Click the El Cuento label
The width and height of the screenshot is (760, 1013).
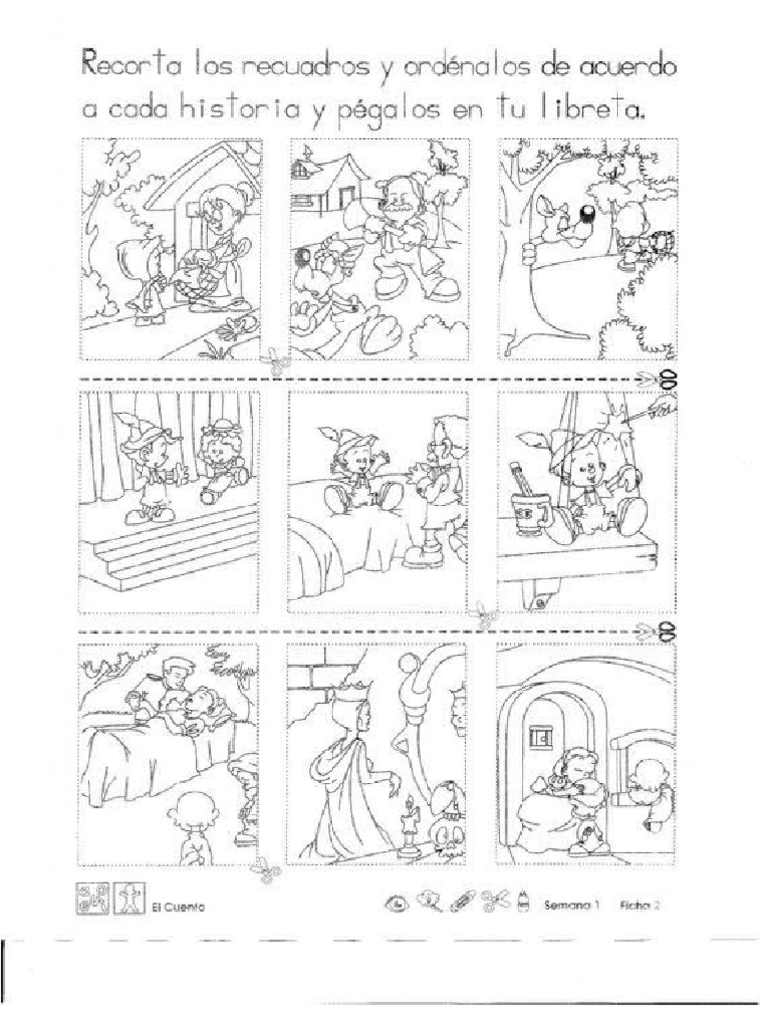pyautogui.click(x=178, y=907)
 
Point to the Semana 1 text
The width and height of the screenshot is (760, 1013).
pyautogui.click(x=573, y=905)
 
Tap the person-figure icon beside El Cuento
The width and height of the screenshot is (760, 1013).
pyautogui.click(x=130, y=898)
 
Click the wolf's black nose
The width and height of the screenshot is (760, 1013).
pyautogui.click(x=588, y=215)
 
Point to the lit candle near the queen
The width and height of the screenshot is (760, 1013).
pyautogui.click(x=409, y=826)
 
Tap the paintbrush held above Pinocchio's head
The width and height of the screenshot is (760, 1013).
pyautogui.click(x=648, y=413)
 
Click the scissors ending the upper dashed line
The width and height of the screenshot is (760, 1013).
pyautogui.click(x=657, y=378)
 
